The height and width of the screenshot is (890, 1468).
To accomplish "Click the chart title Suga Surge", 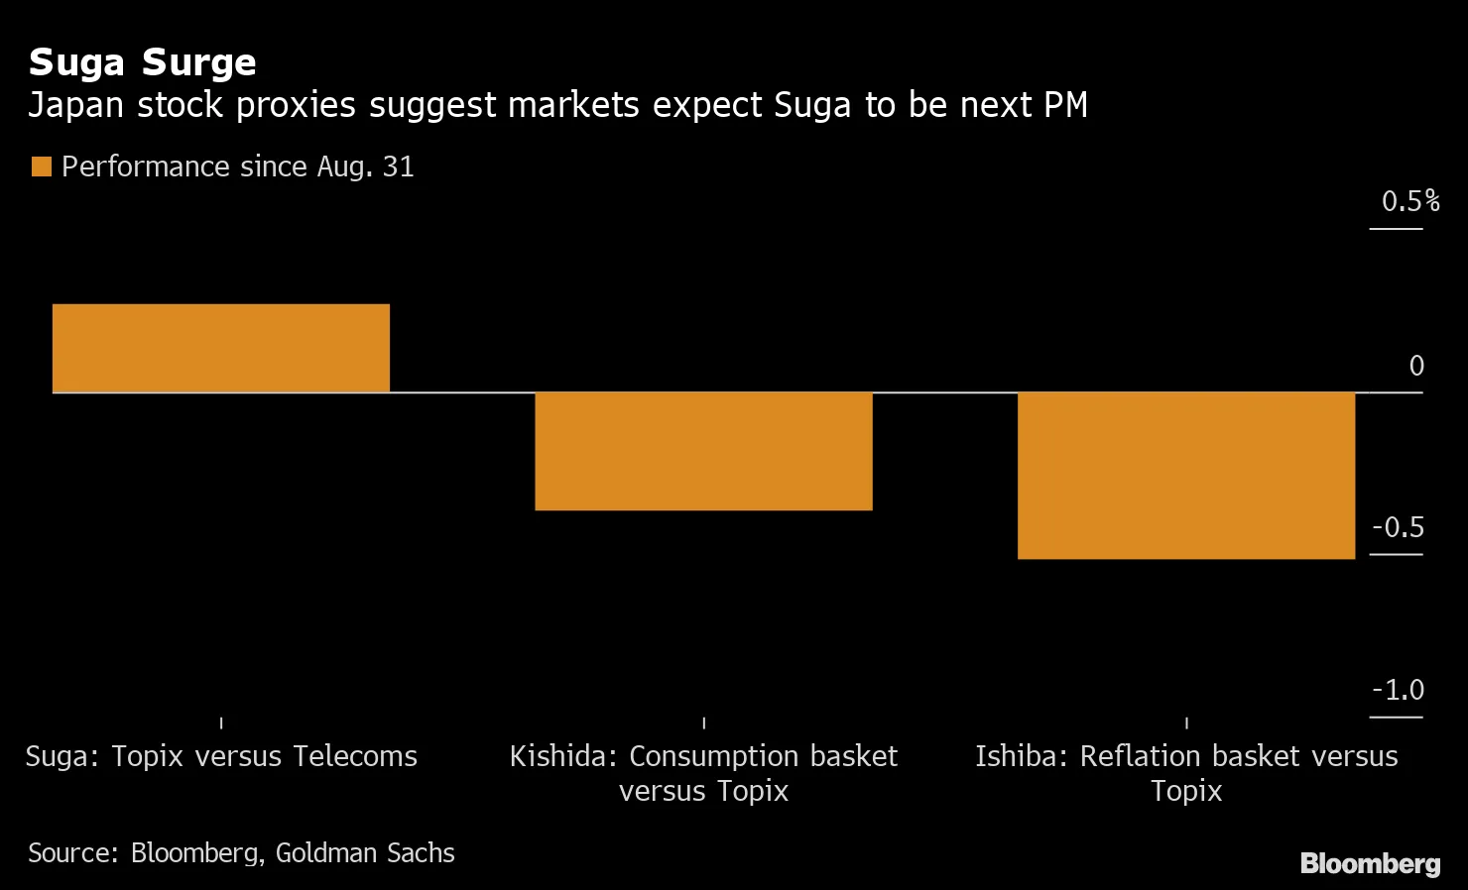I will (x=142, y=62).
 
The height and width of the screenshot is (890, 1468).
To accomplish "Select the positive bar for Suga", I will (x=220, y=348).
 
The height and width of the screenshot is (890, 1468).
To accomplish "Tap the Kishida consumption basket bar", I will (x=703, y=451).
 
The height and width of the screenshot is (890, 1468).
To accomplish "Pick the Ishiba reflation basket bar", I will (x=1186, y=476).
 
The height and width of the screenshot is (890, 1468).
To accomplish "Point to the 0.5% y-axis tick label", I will (x=1409, y=202).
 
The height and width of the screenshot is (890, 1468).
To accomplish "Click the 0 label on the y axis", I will (x=1416, y=367).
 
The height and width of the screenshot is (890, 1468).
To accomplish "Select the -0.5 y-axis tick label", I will (x=1398, y=528).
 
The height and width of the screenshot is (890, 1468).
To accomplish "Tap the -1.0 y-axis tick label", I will (x=1398, y=691).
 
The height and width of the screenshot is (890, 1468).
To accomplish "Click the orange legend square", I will (x=41, y=167).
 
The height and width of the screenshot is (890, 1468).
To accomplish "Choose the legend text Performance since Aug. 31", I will (x=237, y=167).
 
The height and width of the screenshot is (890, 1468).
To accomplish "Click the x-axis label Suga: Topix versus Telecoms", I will (x=221, y=757).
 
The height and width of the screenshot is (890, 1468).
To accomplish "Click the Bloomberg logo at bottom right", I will (x=1370, y=863).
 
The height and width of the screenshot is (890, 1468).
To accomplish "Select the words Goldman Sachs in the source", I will (x=364, y=853).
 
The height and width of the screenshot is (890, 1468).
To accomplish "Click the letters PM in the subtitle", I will (x=1063, y=105).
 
